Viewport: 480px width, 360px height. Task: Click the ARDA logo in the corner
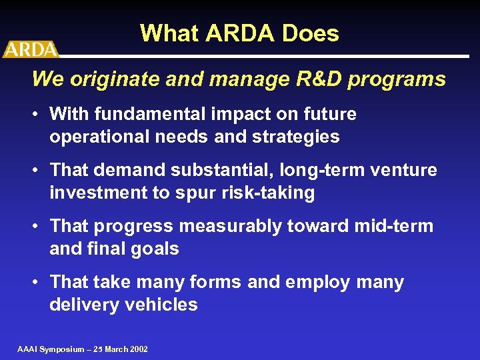click(30, 49)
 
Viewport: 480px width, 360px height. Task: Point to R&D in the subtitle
click(309, 79)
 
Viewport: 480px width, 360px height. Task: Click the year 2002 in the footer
click(138, 349)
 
